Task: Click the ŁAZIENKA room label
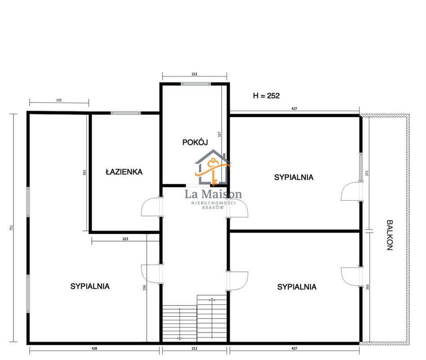coord(124,172)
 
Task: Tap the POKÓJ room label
coord(195,142)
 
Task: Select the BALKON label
coord(390,235)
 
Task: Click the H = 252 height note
coord(266,96)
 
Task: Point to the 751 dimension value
coord(11,228)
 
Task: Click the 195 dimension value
coord(59,100)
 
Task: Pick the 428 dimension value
coord(94,348)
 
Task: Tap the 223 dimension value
coord(125,239)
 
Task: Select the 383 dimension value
coord(84,172)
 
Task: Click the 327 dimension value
coord(220,134)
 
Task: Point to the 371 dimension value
coord(367,173)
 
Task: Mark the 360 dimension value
coord(368,287)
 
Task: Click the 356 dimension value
coord(144,288)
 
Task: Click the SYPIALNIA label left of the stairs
coord(90,286)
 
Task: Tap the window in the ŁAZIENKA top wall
coord(126,113)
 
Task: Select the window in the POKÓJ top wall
coord(196,84)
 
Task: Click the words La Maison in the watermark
coord(213,194)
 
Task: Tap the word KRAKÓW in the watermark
coord(213,207)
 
